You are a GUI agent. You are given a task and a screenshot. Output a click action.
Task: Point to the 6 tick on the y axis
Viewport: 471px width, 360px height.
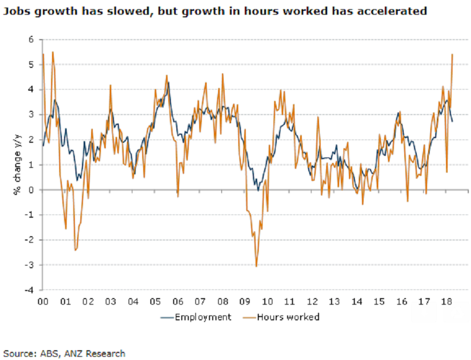31,40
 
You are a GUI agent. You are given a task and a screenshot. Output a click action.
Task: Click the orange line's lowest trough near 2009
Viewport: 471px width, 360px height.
256,266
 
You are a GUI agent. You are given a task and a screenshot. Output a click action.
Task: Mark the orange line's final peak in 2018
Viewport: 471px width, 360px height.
453,54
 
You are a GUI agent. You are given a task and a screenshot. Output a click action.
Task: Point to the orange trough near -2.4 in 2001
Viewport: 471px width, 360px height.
75,250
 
